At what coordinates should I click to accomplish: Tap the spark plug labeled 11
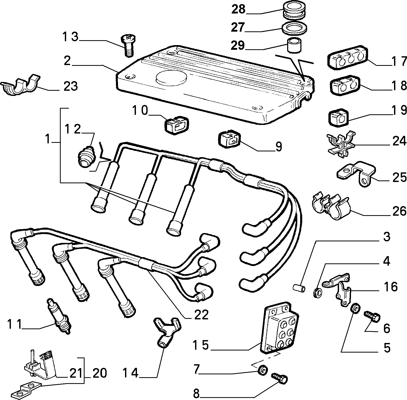pyautogui.click(x=59, y=316)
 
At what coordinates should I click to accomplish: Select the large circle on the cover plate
pyautogui.click(x=172, y=77)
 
